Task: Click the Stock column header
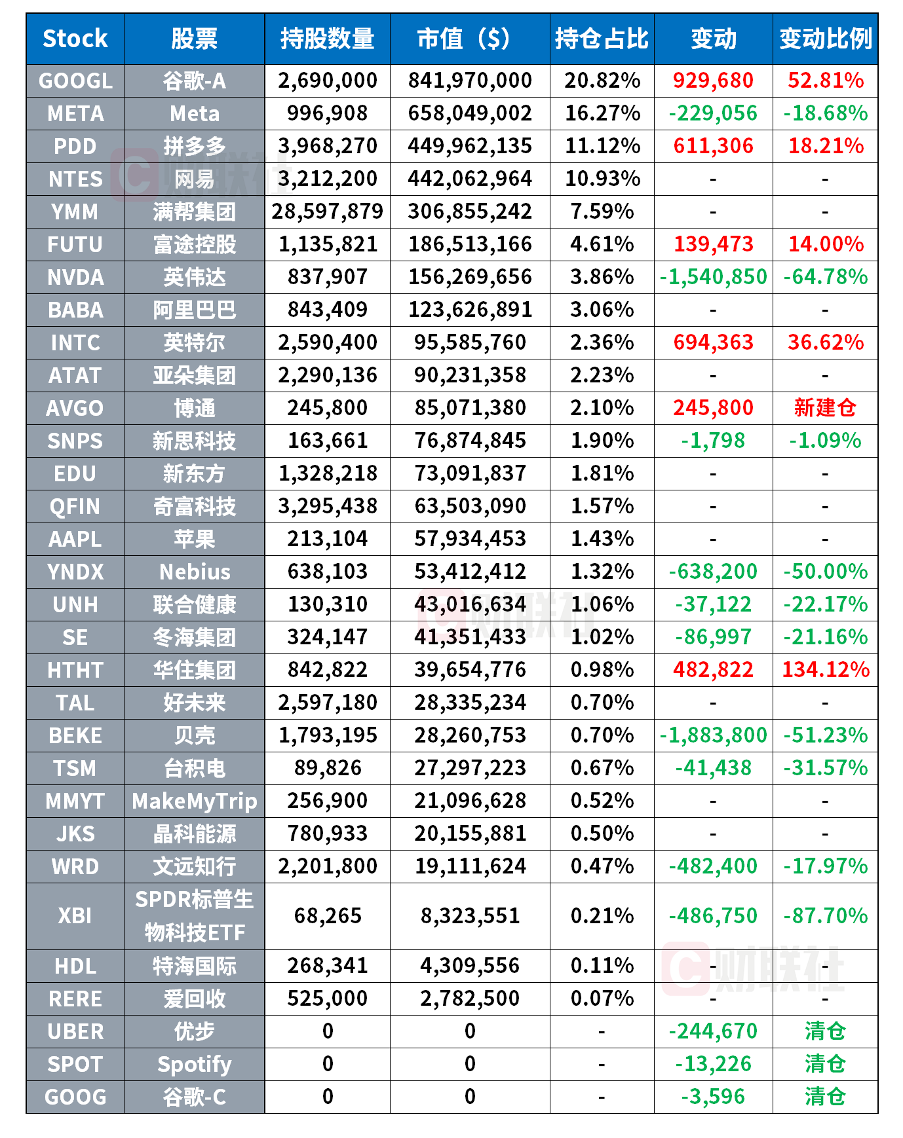[75, 39]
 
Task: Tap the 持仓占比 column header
[602, 39]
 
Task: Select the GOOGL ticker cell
[75, 81]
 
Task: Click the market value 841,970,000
[470, 81]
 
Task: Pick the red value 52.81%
[825, 81]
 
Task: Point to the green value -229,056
[713, 113]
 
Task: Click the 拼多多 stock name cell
[195, 146]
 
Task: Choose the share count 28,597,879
[328, 211]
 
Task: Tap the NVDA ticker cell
[75, 277]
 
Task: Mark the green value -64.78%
[825, 277]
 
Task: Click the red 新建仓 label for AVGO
[825, 408]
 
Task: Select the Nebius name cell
[195, 572]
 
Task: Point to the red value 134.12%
[825, 670]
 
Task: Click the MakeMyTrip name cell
[195, 801]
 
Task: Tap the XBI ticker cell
[75, 915]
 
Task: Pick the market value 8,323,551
[470, 915]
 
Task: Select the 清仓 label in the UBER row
[825, 1031]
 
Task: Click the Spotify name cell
[195, 1064]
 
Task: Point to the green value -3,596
[713, 1097]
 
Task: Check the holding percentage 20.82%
[602, 81]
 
